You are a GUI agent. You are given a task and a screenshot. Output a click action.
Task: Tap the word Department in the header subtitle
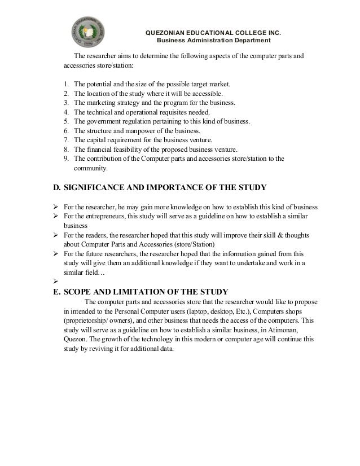252,41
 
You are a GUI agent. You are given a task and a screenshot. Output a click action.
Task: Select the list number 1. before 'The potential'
67,84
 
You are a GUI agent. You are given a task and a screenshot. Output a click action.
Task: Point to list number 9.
67,159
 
